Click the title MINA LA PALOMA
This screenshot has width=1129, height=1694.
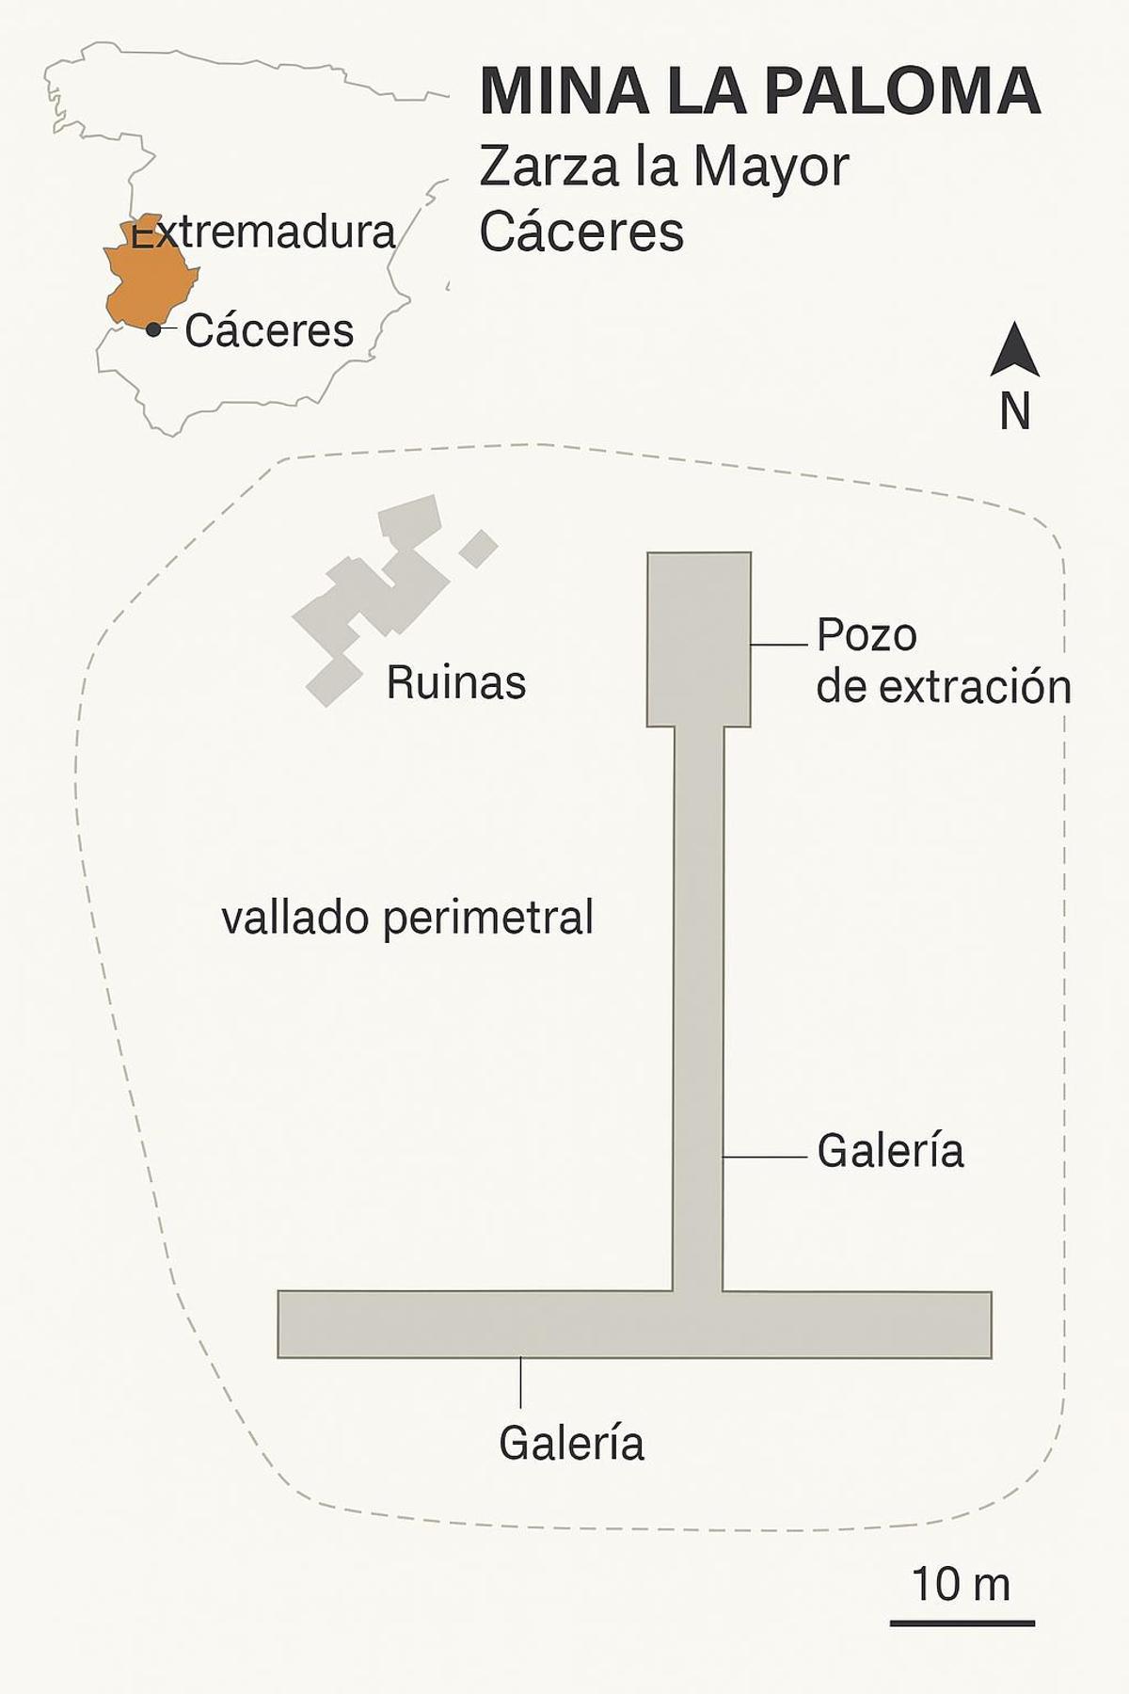click(x=759, y=90)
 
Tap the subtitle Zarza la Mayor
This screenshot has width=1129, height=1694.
click(x=663, y=167)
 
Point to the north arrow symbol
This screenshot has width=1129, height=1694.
click(x=1014, y=351)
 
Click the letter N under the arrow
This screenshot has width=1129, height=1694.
click(x=1014, y=411)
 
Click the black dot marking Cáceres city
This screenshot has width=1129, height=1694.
click(x=153, y=329)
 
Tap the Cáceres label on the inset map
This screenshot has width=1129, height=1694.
click(x=269, y=330)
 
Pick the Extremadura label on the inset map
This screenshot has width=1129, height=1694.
click(x=263, y=232)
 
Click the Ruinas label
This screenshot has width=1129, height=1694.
click(x=455, y=682)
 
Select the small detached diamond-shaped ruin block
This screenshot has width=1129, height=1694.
click(x=479, y=549)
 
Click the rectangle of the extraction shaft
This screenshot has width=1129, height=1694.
click(x=698, y=639)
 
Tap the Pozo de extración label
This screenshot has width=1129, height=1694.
click(x=943, y=661)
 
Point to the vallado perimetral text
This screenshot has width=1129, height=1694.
click(x=407, y=918)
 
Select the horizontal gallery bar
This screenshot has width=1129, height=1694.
click(x=634, y=1324)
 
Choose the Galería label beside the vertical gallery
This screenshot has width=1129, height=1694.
click(x=890, y=1151)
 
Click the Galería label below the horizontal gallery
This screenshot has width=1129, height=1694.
click(x=571, y=1443)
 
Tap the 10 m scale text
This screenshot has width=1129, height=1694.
click(x=961, y=1584)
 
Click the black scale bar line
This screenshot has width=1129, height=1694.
click(x=962, y=1623)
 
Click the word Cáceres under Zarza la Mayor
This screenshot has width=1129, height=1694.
click(x=580, y=232)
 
